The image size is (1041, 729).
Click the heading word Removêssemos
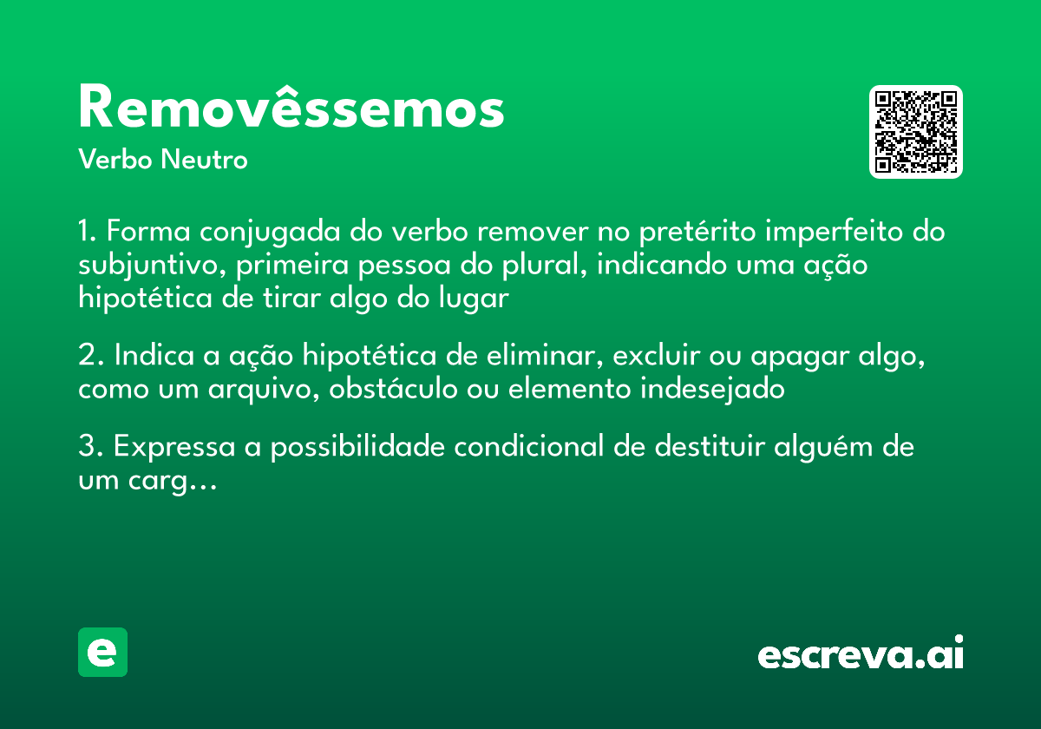coord(291,108)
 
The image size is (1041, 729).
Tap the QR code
coord(916,132)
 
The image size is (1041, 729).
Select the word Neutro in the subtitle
coord(204,161)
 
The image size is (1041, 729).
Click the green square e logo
coord(102,652)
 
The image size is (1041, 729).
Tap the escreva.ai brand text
coord(861,654)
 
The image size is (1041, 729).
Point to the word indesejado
coord(712,390)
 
